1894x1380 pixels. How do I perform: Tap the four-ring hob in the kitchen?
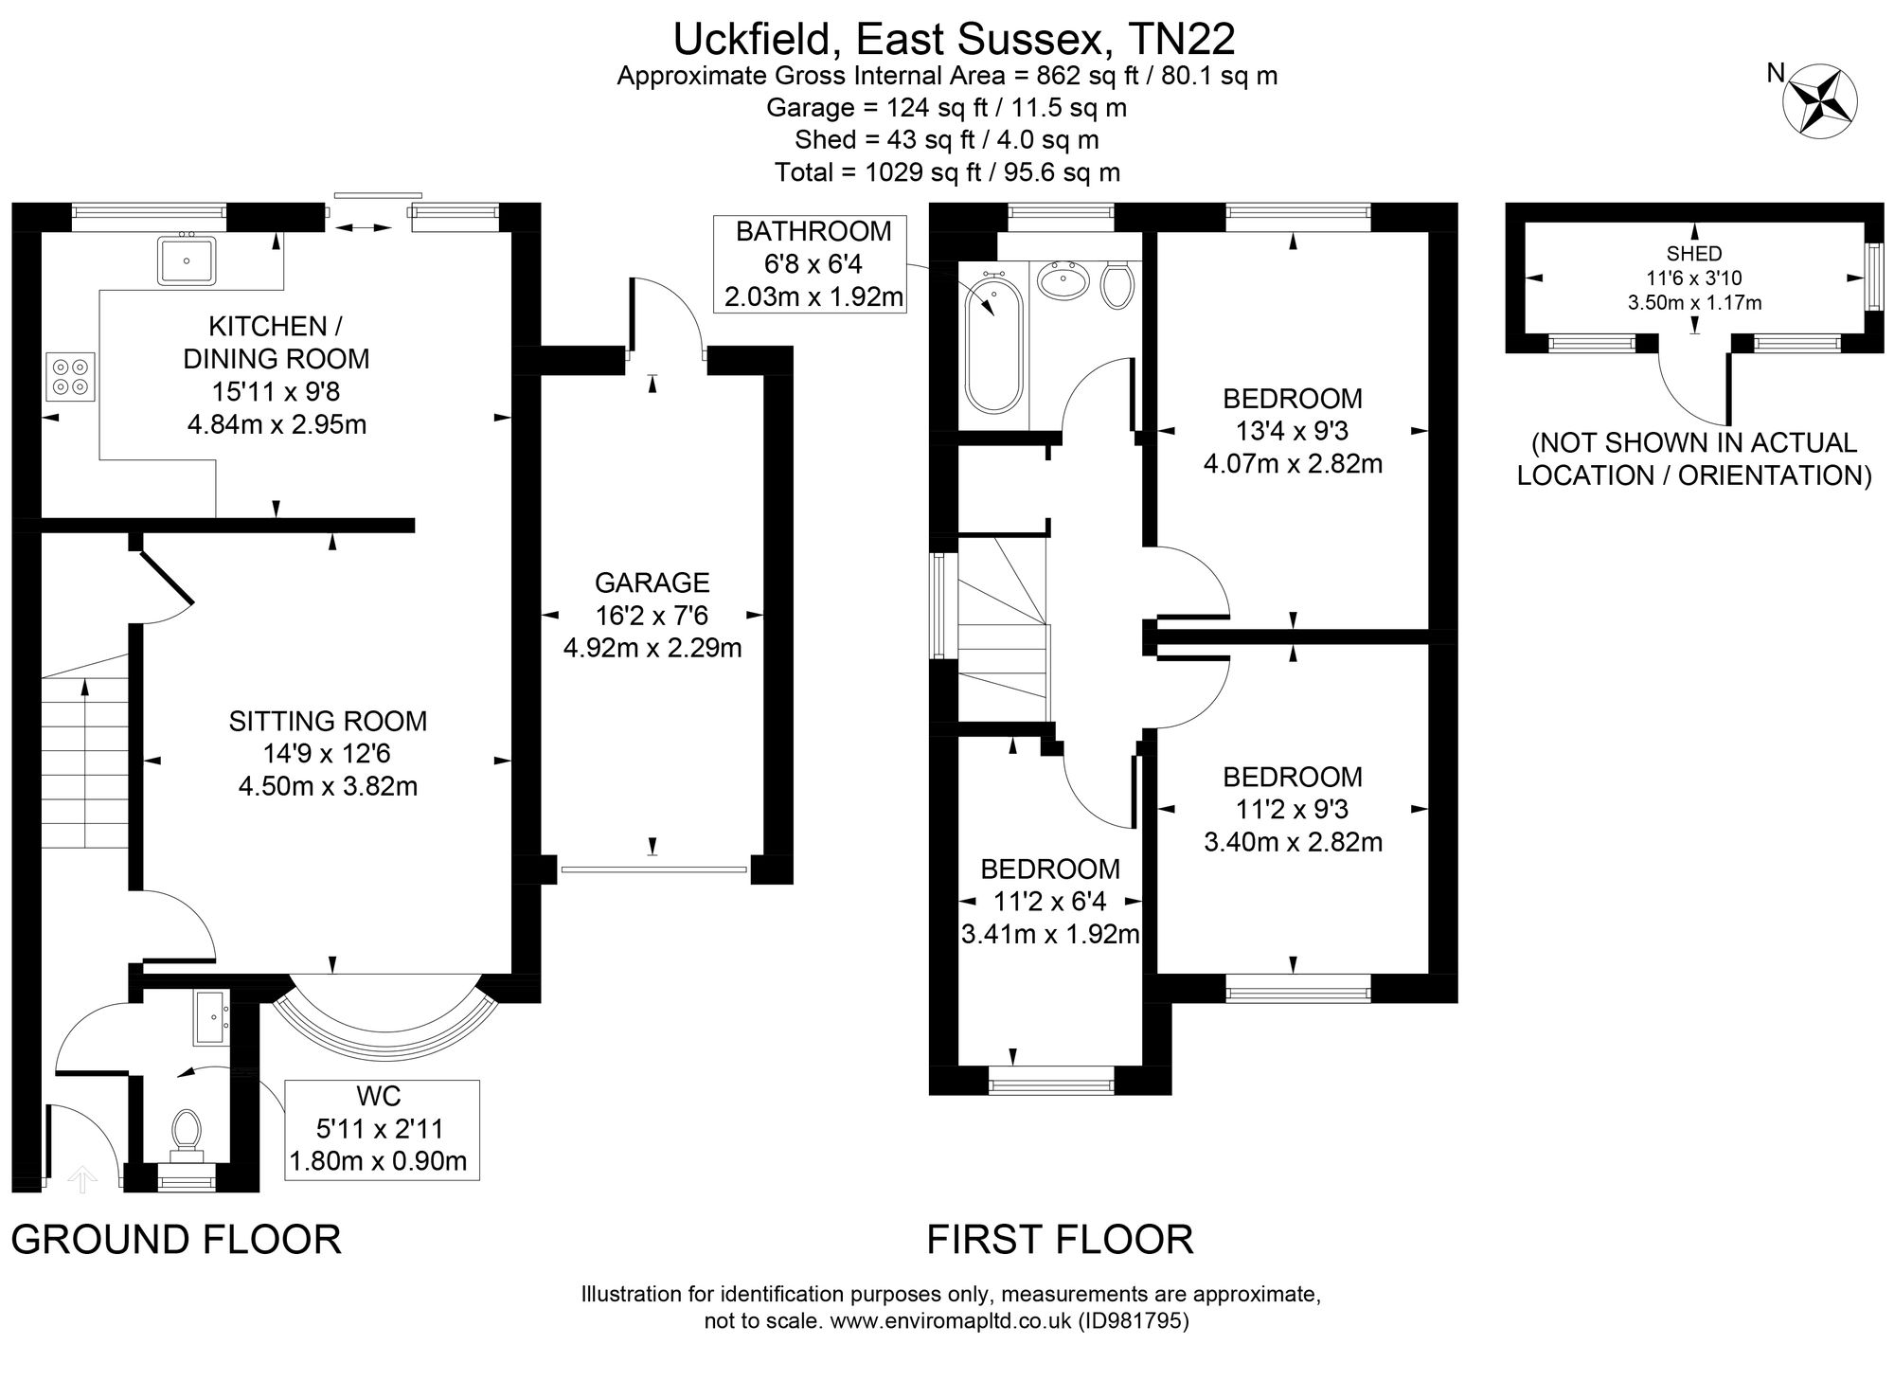coord(71,377)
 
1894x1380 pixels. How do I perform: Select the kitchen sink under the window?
coord(187,259)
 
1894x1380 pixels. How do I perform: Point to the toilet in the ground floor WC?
coord(186,1133)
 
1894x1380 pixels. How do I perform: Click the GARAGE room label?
coord(652,582)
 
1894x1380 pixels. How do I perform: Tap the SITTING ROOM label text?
coord(328,722)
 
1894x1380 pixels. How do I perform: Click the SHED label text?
coord(1694,254)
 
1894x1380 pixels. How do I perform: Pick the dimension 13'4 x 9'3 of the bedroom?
coord(1292,432)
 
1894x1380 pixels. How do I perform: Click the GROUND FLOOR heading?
coord(176,1240)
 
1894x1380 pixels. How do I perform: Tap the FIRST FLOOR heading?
coord(1059,1240)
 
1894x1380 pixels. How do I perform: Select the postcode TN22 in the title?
coord(1181,40)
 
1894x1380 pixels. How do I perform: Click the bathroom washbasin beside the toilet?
coord(1063,281)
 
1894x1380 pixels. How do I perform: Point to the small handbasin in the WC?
coord(210,1018)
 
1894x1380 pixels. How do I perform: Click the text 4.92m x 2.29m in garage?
coord(652,649)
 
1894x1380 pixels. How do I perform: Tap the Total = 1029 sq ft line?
coord(947,172)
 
